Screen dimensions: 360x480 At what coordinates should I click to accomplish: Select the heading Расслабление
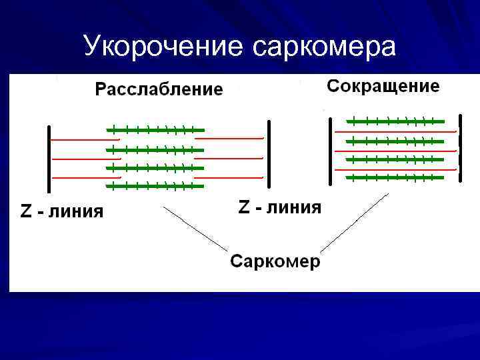tap(159, 89)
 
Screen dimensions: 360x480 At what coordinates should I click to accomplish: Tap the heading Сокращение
tap(383, 86)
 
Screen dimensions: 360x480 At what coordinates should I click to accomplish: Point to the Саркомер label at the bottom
tap(275, 261)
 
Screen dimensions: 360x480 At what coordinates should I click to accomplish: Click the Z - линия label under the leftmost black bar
tap(61, 212)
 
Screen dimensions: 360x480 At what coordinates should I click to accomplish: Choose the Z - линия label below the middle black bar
tap(279, 207)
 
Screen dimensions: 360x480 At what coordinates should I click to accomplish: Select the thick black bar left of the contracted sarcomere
tap(330, 151)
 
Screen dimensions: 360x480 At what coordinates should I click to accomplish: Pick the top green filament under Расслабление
tap(155, 129)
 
